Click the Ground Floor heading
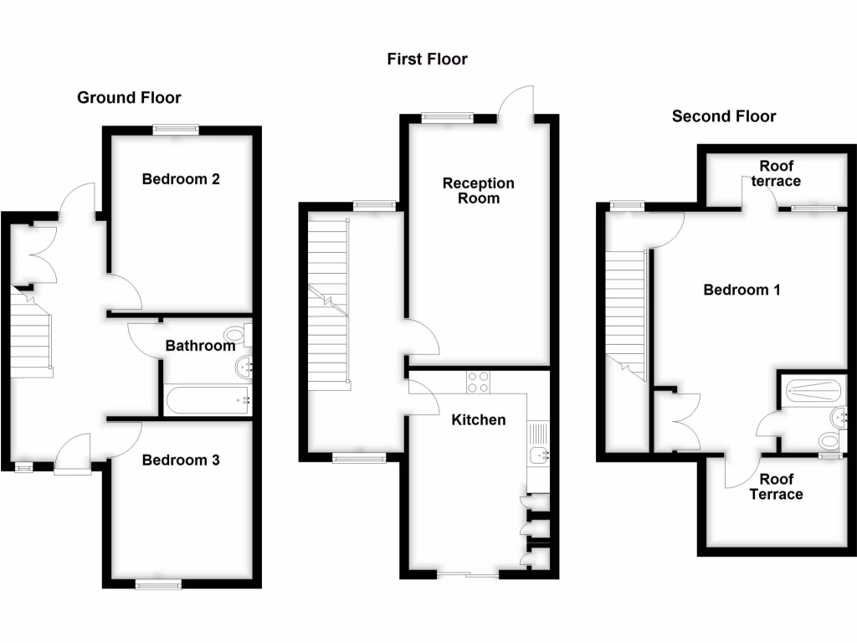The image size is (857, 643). (129, 98)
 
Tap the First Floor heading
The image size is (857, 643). (427, 59)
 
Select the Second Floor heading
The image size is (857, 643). (724, 116)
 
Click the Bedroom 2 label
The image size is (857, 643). (181, 178)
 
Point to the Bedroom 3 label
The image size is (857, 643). (181, 460)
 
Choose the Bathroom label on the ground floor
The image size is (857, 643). (200, 345)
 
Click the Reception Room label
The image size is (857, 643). (479, 191)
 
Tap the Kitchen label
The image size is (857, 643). (479, 419)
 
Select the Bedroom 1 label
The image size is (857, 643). (742, 290)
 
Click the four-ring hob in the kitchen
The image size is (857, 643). (478, 382)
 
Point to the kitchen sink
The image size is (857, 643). (538, 455)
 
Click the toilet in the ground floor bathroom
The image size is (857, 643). (237, 336)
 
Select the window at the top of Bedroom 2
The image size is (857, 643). (176, 129)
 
